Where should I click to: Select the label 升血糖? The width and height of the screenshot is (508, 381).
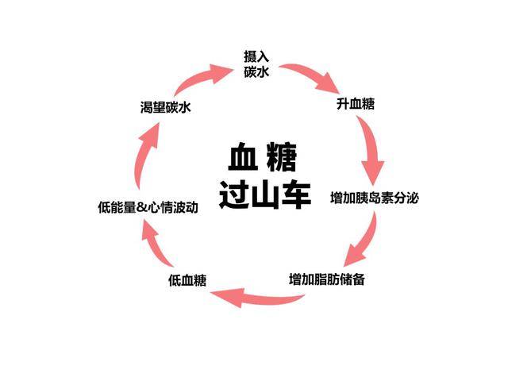(x=355, y=103)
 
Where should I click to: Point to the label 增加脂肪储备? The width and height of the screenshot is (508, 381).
(x=327, y=279)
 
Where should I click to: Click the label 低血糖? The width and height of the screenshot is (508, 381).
(x=188, y=279)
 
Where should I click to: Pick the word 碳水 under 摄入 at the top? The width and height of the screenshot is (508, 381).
(x=256, y=71)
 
